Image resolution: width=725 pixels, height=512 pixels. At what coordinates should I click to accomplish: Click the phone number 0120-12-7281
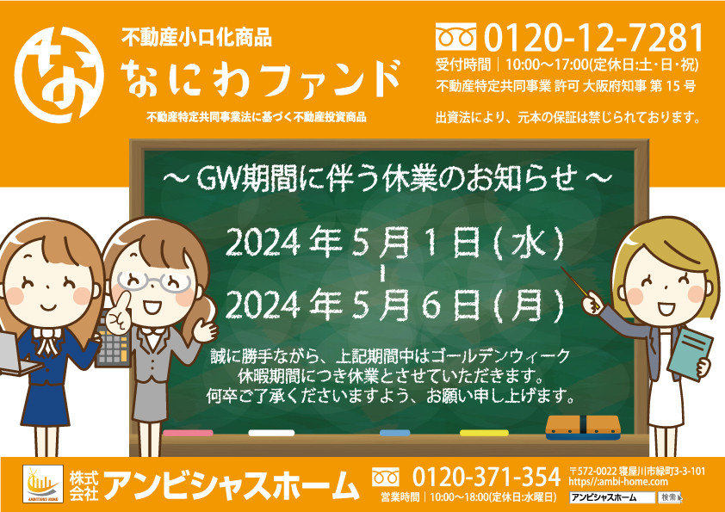[593, 38]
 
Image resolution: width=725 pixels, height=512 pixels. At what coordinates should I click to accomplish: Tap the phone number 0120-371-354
[486, 477]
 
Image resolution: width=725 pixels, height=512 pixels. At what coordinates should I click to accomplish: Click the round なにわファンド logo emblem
[59, 75]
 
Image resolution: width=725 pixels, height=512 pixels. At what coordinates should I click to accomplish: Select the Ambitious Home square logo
[43, 484]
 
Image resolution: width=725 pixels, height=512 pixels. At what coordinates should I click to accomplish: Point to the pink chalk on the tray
[189, 433]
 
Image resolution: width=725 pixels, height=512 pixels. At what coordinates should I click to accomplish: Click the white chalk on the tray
[271, 433]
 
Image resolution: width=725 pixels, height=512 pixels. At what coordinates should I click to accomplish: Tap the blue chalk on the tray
[395, 433]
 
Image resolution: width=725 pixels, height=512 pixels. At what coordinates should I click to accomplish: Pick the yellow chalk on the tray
[484, 433]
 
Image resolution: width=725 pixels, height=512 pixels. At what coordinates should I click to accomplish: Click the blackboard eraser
[583, 428]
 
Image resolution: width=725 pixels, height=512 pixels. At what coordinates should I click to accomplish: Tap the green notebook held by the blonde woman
[690, 354]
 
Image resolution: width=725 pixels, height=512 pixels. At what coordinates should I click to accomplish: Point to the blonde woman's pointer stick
[579, 287]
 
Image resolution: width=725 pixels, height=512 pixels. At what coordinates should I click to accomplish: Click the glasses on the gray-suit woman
[155, 282]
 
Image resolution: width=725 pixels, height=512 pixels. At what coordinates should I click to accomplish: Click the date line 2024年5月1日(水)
[395, 243]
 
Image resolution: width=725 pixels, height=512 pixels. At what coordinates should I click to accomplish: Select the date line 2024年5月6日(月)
[395, 305]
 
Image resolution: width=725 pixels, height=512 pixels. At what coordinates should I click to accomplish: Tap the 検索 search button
[669, 497]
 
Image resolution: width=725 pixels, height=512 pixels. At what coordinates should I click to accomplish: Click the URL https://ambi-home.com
[618, 482]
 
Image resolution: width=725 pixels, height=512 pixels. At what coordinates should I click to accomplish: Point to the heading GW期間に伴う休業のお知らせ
[387, 178]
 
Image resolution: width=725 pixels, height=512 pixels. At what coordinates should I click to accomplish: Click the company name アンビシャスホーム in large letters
[231, 485]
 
